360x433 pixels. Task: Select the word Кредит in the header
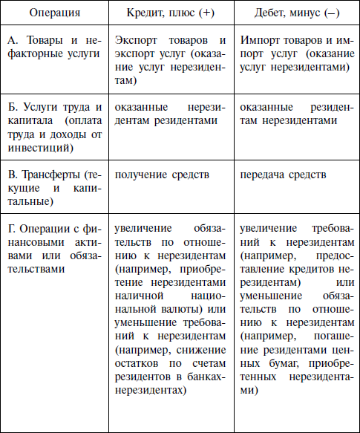145,13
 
